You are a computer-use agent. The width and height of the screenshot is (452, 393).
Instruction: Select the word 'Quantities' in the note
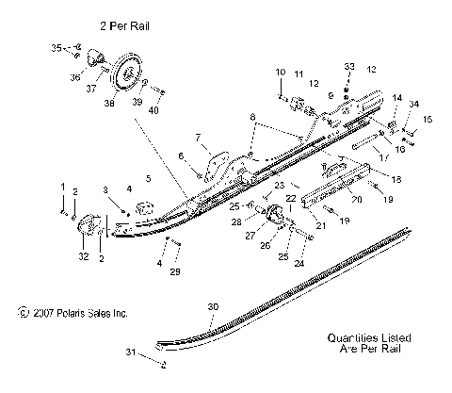point(348,336)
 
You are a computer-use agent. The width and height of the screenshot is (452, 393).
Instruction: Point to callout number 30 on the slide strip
point(213,307)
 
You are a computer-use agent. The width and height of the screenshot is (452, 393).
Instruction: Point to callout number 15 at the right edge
point(427,120)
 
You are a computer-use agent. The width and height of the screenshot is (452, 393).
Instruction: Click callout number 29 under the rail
point(174,271)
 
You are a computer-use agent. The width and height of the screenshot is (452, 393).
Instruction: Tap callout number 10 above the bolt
point(280,73)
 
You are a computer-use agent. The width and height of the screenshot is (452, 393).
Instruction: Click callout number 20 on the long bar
point(357,199)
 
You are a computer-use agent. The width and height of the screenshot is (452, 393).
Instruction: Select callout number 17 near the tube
point(384,159)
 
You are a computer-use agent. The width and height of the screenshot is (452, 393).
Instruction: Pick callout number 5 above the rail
point(148,177)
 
